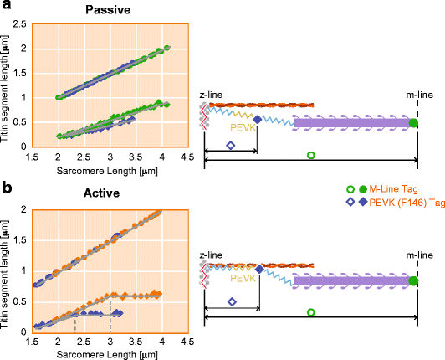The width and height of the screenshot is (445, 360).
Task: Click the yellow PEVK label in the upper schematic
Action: (239, 129)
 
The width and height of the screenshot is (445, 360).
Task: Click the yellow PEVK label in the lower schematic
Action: (242, 276)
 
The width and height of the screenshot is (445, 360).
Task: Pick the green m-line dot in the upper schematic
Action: (413, 123)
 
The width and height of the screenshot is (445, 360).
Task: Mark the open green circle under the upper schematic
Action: (311, 156)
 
